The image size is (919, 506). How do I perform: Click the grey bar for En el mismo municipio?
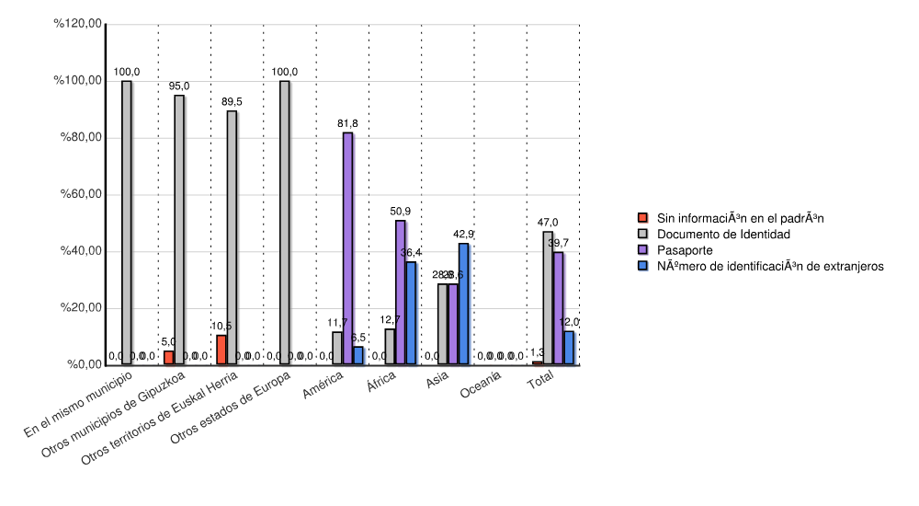[127, 223]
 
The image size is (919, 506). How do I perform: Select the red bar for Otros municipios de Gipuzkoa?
[169, 357]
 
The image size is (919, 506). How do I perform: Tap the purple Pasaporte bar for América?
[348, 248]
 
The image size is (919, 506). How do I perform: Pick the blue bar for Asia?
[464, 304]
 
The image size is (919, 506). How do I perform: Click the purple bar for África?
[401, 293]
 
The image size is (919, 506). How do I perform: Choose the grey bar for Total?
[548, 298]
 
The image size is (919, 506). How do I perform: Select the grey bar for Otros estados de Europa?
[285, 223]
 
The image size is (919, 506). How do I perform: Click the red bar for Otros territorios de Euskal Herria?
[221, 350]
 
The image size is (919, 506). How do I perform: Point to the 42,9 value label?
[464, 234]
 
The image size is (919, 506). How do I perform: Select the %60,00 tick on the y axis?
[80, 195]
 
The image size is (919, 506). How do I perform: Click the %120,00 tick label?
[77, 25]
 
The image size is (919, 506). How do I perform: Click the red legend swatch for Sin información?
[643, 218]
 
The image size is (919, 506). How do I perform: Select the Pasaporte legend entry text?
[685, 249]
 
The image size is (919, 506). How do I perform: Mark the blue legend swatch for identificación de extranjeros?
[643, 265]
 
